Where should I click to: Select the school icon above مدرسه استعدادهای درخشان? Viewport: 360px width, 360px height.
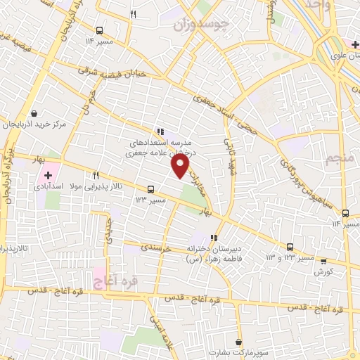pyautogui.click(x=160, y=131)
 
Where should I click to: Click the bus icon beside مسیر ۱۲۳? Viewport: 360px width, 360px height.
pyautogui.click(x=150, y=189)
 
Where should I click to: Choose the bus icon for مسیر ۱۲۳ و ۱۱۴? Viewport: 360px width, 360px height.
pyautogui.click(x=290, y=247)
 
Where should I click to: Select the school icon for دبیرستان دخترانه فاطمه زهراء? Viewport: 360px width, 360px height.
pyautogui.click(x=214, y=238)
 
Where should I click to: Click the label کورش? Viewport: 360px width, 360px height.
pyautogui.click(x=323, y=271)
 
